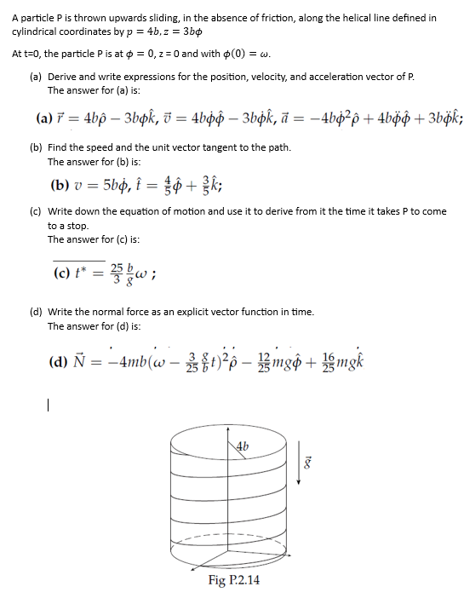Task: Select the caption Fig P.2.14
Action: [x=234, y=580]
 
